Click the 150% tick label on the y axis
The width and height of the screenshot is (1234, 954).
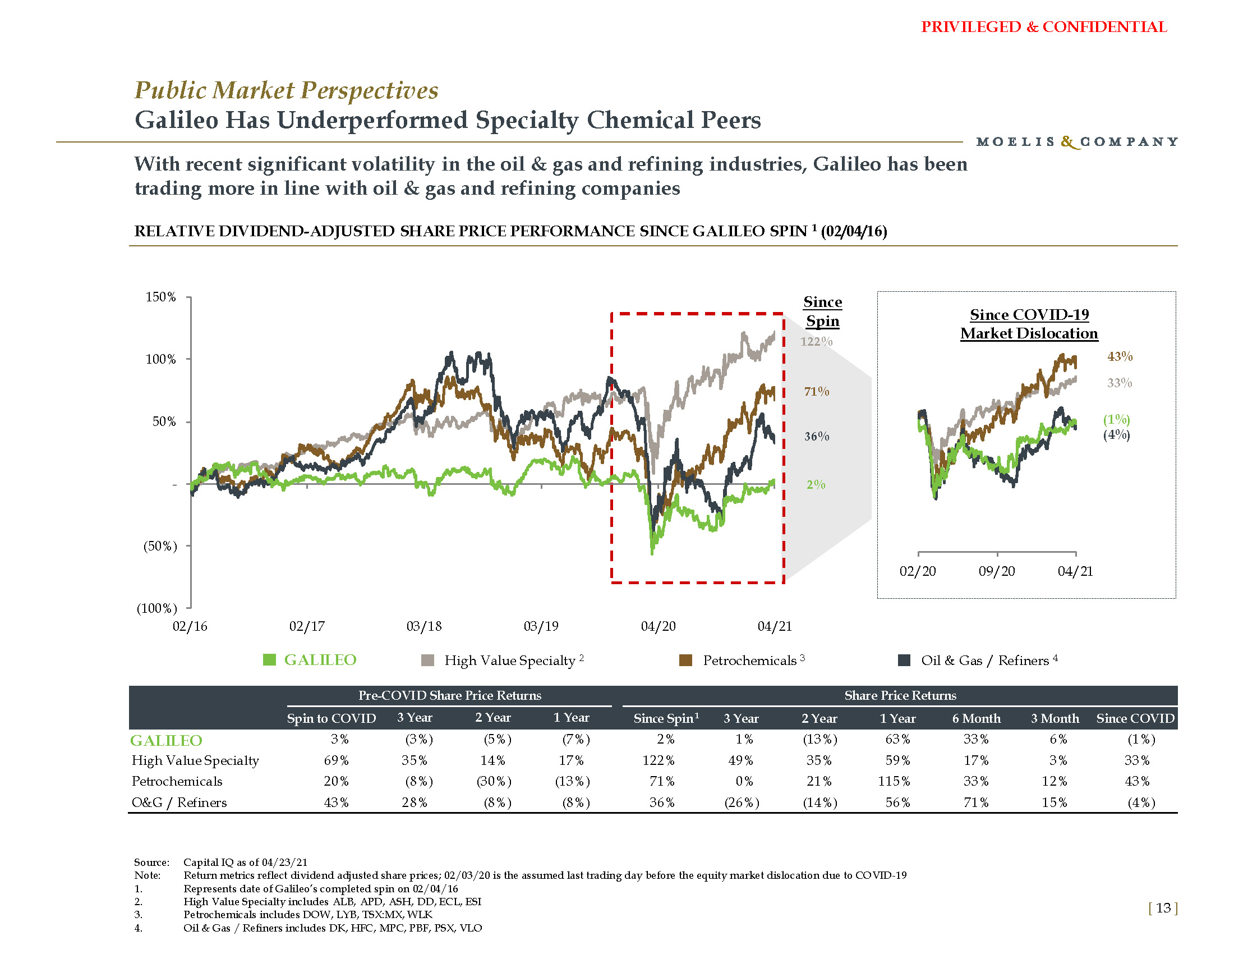[x=161, y=297]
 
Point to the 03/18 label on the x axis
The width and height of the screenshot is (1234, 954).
[x=423, y=626]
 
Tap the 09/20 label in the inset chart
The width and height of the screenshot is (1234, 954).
[x=997, y=571]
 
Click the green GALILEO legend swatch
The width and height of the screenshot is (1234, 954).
[x=269, y=659]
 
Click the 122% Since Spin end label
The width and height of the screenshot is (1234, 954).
[x=817, y=341]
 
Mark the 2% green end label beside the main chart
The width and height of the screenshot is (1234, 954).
[x=816, y=484]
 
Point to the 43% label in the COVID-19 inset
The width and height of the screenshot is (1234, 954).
[x=1120, y=356]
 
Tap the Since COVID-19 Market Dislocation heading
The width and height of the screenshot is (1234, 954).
[x=1029, y=324]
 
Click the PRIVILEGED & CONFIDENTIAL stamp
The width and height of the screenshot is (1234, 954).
[x=1044, y=27]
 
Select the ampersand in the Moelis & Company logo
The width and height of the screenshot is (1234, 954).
[x=1068, y=142]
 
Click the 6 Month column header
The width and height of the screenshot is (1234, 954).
[x=976, y=718]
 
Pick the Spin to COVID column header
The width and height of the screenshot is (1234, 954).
[x=331, y=718]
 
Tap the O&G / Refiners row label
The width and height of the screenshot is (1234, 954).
[x=179, y=802]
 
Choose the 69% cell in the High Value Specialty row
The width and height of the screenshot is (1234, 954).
[x=335, y=760]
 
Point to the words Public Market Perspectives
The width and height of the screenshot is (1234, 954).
[x=287, y=90]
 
